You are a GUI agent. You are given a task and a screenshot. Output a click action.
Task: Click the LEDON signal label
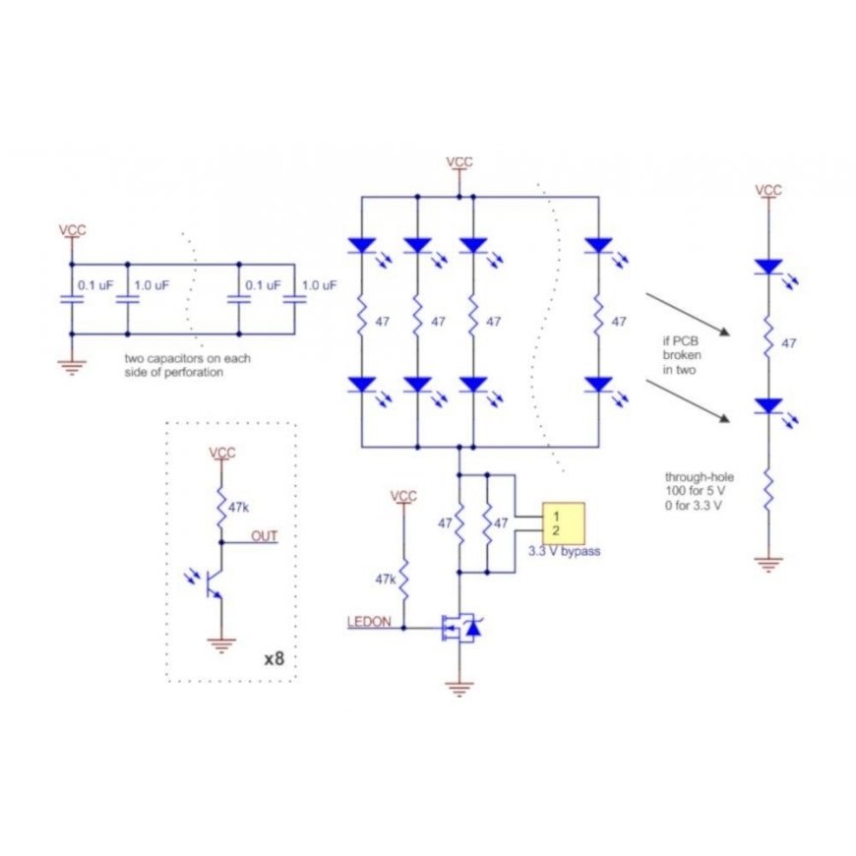(x=369, y=621)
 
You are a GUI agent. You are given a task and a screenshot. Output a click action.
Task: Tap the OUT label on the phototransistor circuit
(x=265, y=536)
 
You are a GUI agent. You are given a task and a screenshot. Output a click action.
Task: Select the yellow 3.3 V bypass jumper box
(x=564, y=524)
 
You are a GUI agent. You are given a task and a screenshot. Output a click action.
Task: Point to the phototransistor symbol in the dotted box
(x=207, y=582)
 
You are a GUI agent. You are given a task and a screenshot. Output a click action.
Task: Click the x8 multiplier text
(x=275, y=658)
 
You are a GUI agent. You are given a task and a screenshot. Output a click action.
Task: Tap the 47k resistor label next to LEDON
(x=386, y=580)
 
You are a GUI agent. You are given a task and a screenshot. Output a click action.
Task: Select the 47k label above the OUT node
(x=238, y=507)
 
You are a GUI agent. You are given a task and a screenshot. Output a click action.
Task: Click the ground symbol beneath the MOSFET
(x=459, y=690)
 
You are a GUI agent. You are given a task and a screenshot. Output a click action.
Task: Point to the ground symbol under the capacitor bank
(x=72, y=367)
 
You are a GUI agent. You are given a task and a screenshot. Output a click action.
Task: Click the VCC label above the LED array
(x=459, y=162)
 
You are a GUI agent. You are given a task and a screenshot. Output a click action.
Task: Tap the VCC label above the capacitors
(x=72, y=230)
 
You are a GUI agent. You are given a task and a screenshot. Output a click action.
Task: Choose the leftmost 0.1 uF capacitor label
(x=95, y=285)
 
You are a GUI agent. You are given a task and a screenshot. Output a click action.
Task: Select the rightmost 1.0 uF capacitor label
(x=320, y=285)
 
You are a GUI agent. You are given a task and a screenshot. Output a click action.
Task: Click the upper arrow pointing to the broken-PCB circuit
(x=688, y=315)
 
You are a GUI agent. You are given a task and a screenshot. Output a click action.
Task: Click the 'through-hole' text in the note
(x=699, y=476)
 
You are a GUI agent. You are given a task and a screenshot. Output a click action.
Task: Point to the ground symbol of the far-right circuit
(x=768, y=564)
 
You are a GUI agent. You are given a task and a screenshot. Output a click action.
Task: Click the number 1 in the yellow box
(x=556, y=516)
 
